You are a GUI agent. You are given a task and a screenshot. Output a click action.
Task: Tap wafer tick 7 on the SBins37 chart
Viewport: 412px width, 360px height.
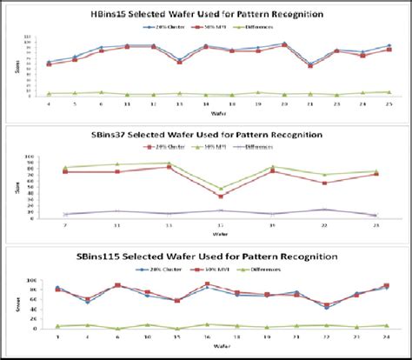point(66,224)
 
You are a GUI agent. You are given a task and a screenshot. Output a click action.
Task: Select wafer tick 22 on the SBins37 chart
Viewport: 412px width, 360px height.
point(323,224)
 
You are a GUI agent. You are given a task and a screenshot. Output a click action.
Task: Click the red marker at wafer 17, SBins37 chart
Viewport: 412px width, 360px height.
point(221,197)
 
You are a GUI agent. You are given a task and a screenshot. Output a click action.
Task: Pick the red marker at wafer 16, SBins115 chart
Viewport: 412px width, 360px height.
point(207,283)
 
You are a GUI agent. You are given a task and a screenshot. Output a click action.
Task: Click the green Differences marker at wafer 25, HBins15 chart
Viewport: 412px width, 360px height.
point(389,92)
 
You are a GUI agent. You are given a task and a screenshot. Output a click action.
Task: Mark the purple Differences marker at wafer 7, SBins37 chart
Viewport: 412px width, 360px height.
point(66,214)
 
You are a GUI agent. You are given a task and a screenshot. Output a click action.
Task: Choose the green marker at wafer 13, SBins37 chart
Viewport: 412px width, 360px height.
point(169,163)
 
